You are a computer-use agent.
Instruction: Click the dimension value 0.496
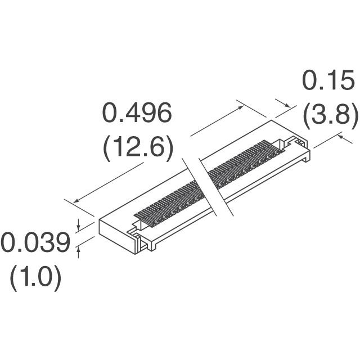(136, 115)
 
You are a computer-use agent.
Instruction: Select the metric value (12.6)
(137, 148)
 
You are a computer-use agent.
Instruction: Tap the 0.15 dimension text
(328, 82)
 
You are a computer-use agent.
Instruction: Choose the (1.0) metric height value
(35, 278)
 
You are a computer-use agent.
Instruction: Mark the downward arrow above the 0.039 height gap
(79, 227)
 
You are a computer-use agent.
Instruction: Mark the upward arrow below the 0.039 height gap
(79, 250)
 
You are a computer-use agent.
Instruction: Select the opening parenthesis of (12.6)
(106, 148)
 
